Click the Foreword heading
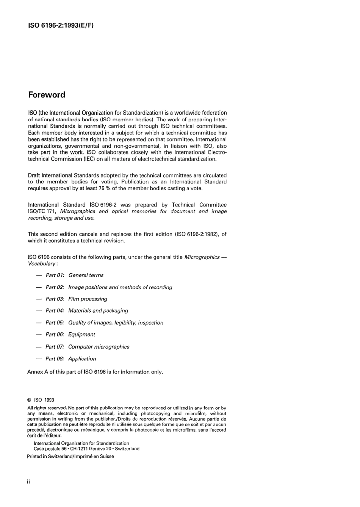pos(47,95)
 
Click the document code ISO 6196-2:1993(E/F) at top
pos(61,26)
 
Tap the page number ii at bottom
pos(28,482)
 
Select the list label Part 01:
pos(55,275)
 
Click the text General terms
pos(86,275)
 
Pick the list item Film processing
pos(88,299)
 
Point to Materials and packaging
pos(98,311)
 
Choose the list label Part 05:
pos(55,323)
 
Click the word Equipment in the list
pos(81,335)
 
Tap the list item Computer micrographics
pos(99,347)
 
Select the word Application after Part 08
pos(82,359)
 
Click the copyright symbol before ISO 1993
pos(29,400)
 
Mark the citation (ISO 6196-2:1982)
pos(196,234)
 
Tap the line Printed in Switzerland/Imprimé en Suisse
pos(70,457)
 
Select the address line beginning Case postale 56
pos(86,449)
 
